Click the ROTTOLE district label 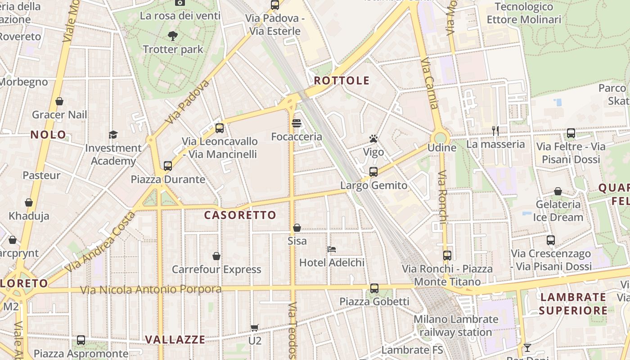(342, 81)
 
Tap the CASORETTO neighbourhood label (240, 215)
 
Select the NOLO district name (48, 135)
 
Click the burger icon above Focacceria (296, 123)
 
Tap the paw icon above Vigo (373, 139)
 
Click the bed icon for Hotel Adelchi (332, 249)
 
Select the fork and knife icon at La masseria (495, 131)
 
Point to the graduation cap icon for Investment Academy (113, 135)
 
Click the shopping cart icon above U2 (255, 328)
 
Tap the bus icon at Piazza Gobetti (374, 288)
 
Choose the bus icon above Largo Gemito (373, 171)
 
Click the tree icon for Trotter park (172, 36)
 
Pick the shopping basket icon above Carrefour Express (216, 256)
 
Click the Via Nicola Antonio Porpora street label (151, 289)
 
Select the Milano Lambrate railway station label (456, 326)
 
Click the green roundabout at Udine (440, 137)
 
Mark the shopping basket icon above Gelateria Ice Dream (558, 191)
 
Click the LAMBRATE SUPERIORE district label (573, 304)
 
